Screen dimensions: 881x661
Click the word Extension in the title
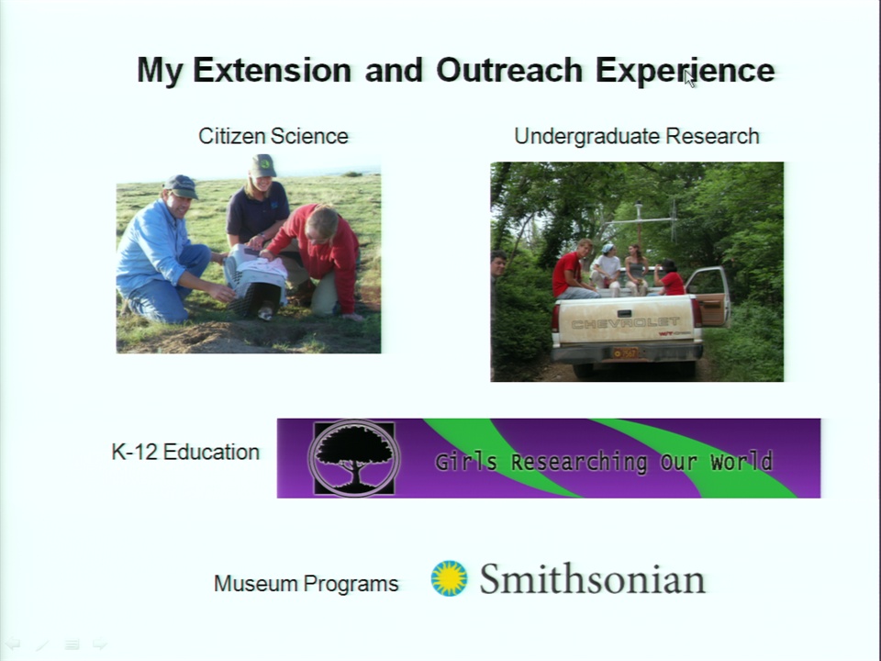pyautogui.click(x=273, y=71)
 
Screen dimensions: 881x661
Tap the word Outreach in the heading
pyautogui.click(x=509, y=71)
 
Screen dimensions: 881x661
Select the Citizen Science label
pyautogui.click(x=273, y=136)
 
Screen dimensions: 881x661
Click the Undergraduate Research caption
pyautogui.click(x=637, y=137)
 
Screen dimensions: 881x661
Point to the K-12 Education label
pyautogui.click(x=185, y=452)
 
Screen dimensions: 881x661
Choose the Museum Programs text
pyautogui.click(x=307, y=584)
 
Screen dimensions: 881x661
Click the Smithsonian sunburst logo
pyautogui.click(x=449, y=577)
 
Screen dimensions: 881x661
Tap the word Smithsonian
pyautogui.click(x=592, y=579)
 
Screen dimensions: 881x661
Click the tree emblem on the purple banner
pyautogui.click(x=354, y=458)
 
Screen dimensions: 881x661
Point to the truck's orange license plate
pyautogui.click(x=625, y=353)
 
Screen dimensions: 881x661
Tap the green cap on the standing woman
pyautogui.click(x=262, y=166)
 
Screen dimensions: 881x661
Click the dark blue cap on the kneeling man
pyautogui.click(x=181, y=186)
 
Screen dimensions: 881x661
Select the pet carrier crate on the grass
pyautogui.click(x=257, y=280)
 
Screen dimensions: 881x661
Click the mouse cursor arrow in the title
pyautogui.click(x=690, y=79)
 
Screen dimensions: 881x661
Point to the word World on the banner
pyautogui.click(x=742, y=462)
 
